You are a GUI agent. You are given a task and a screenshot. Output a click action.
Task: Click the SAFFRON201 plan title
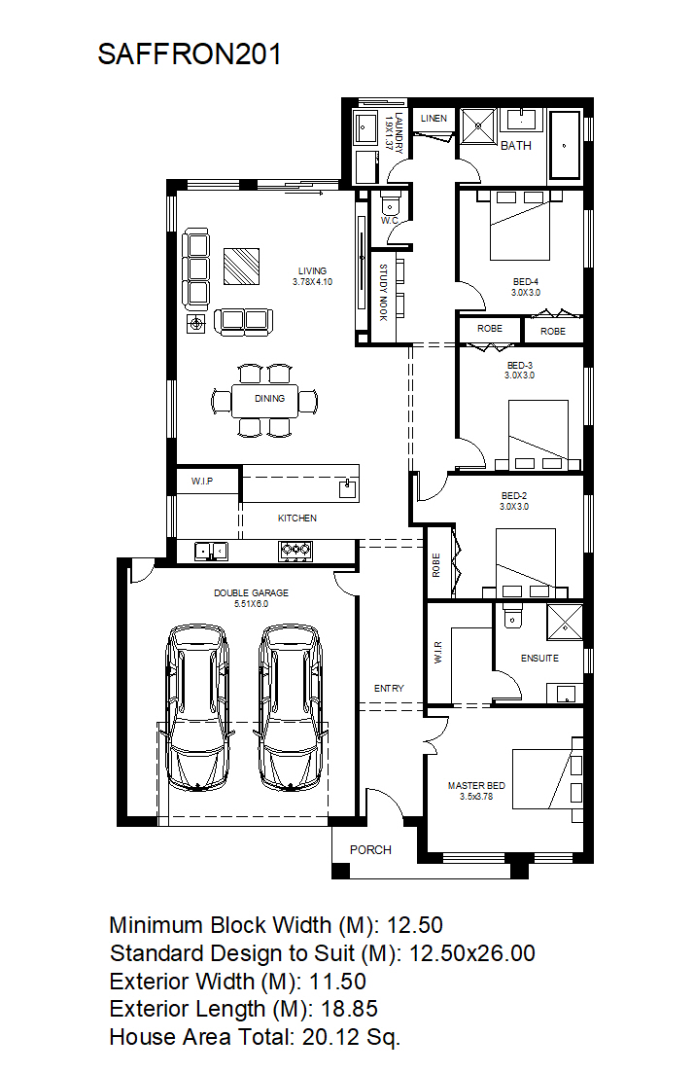click(190, 54)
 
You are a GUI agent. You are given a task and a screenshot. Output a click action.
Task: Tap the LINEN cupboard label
click(434, 119)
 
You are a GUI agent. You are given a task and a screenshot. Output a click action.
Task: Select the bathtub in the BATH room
click(564, 145)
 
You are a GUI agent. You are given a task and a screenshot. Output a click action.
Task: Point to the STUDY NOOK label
click(383, 292)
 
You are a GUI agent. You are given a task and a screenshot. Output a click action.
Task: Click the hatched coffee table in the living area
click(241, 267)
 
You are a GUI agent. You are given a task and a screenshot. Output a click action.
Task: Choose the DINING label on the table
click(269, 398)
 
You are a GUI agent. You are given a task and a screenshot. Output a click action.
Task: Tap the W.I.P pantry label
click(202, 482)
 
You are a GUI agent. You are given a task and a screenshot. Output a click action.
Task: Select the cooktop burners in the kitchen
click(295, 551)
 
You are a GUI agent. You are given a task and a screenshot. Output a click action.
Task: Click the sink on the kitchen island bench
click(348, 488)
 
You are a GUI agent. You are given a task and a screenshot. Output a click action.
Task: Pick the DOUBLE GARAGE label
click(251, 592)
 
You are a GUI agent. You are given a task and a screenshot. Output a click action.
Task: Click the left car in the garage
click(198, 707)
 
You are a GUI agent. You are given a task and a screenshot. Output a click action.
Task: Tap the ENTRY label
click(389, 689)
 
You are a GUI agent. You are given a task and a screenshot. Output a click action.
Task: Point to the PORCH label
click(370, 850)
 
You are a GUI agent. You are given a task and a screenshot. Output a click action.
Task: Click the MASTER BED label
click(476, 786)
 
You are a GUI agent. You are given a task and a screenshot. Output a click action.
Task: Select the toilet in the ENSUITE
click(512, 615)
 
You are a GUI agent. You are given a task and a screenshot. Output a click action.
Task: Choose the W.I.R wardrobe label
click(437, 652)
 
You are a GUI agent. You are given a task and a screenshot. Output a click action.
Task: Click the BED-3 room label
click(520, 366)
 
